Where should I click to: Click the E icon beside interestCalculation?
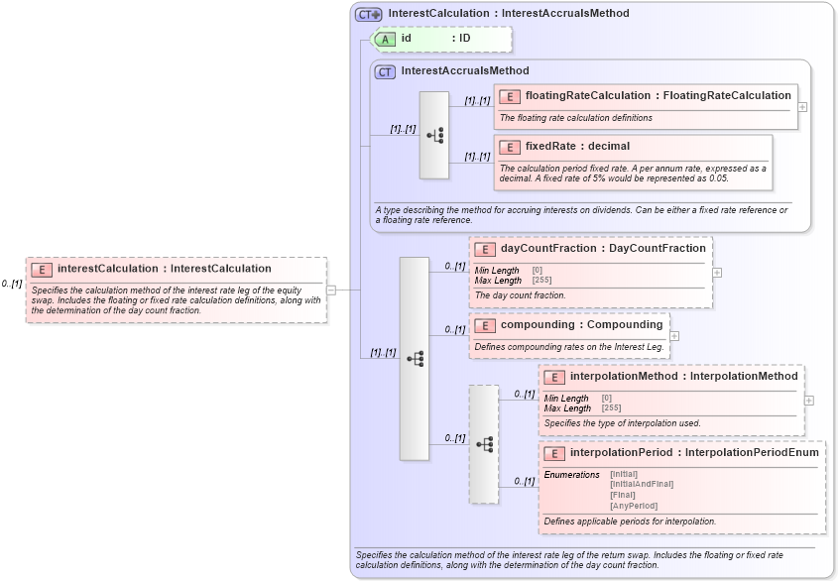pyautogui.click(x=42, y=269)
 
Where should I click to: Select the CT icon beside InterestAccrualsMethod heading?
pyautogui.click(x=385, y=71)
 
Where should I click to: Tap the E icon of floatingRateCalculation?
pyautogui.click(x=509, y=96)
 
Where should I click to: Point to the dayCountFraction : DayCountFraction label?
pyautogui.click(x=603, y=249)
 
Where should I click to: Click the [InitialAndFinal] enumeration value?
pyautogui.click(x=642, y=484)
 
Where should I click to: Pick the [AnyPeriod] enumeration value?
pyautogui.click(x=634, y=506)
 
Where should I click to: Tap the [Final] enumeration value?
pyautogui.click(x=623, y=495)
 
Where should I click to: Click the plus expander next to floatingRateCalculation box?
pyautogui.click(x=803, y=106)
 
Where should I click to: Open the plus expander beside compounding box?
pyautogui.click(x=674, y=336)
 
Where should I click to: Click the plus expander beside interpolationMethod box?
pyautogui.click(x=809, y=401)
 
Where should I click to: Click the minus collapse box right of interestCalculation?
pyautogui.click(x=331, y=290)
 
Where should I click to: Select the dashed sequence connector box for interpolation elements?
pyautogui.click(x=484, y=444)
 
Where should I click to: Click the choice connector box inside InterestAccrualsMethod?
pyautogui.click(x=434, y=135)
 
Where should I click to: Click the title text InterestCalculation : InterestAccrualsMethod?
pyautogui.click(x=508, y=14)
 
